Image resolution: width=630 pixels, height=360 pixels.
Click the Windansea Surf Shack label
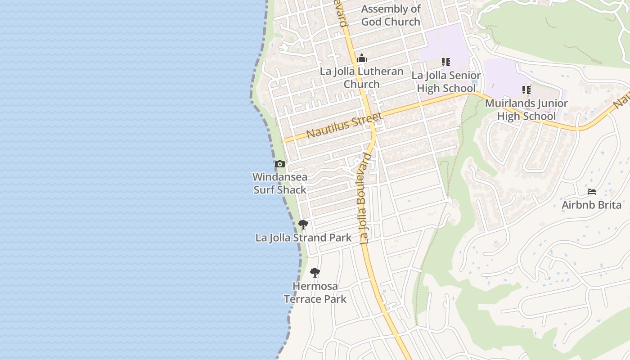pos(279,183)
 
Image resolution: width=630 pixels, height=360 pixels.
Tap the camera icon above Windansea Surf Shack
pos(280,164)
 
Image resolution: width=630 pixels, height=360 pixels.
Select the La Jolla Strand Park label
pos(303,238)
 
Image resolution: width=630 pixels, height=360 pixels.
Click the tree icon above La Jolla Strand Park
pos(303,224)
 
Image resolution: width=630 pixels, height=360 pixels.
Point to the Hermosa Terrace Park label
pos(315,292)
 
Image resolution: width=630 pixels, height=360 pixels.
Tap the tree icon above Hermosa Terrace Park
pos(315,272)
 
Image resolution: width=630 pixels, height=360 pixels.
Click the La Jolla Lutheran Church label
pos(361,78)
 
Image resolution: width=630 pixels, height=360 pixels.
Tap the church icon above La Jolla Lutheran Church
pos(361,58)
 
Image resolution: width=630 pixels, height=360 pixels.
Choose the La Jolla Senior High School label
pos(446,81)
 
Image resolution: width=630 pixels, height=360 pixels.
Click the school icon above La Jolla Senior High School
pos(445,62)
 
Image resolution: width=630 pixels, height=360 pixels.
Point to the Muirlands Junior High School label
pos(526,110)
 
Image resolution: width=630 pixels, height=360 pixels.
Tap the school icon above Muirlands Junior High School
pos(526,90)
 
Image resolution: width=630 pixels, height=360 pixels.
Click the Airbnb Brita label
pos(591,205)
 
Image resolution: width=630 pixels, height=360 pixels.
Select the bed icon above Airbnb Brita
pos(592,192)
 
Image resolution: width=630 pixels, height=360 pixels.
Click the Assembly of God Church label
pos(391,15)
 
